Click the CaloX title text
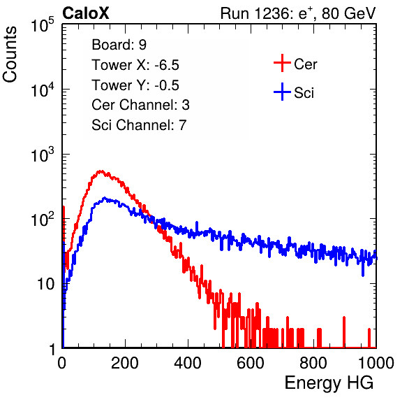click(x=86, y=13)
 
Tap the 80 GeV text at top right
click(x=349, y=14)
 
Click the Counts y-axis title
click(x=10, y=55)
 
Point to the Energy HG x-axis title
click(x=329, y=383)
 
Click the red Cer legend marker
click(x=282, y=63)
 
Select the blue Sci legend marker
click(x=282, y=92)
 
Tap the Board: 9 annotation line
click(x=119, y=45)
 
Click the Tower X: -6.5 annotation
click(x=135, y=65)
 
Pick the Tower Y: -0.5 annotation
click(x=135, y=85)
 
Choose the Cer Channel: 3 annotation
click(x=140, y=105)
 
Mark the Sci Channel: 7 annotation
click(x=139, y=125)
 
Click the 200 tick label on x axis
click(x=125, y=363)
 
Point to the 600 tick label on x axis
click(x=251, y=363)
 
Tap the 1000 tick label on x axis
click(x=376, y=363)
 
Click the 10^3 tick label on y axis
click(x=43, y=155)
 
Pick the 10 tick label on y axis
click(x=45, y=285)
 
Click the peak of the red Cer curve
click(x=101, y=171)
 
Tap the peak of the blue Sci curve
click(x=105, y=198)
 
